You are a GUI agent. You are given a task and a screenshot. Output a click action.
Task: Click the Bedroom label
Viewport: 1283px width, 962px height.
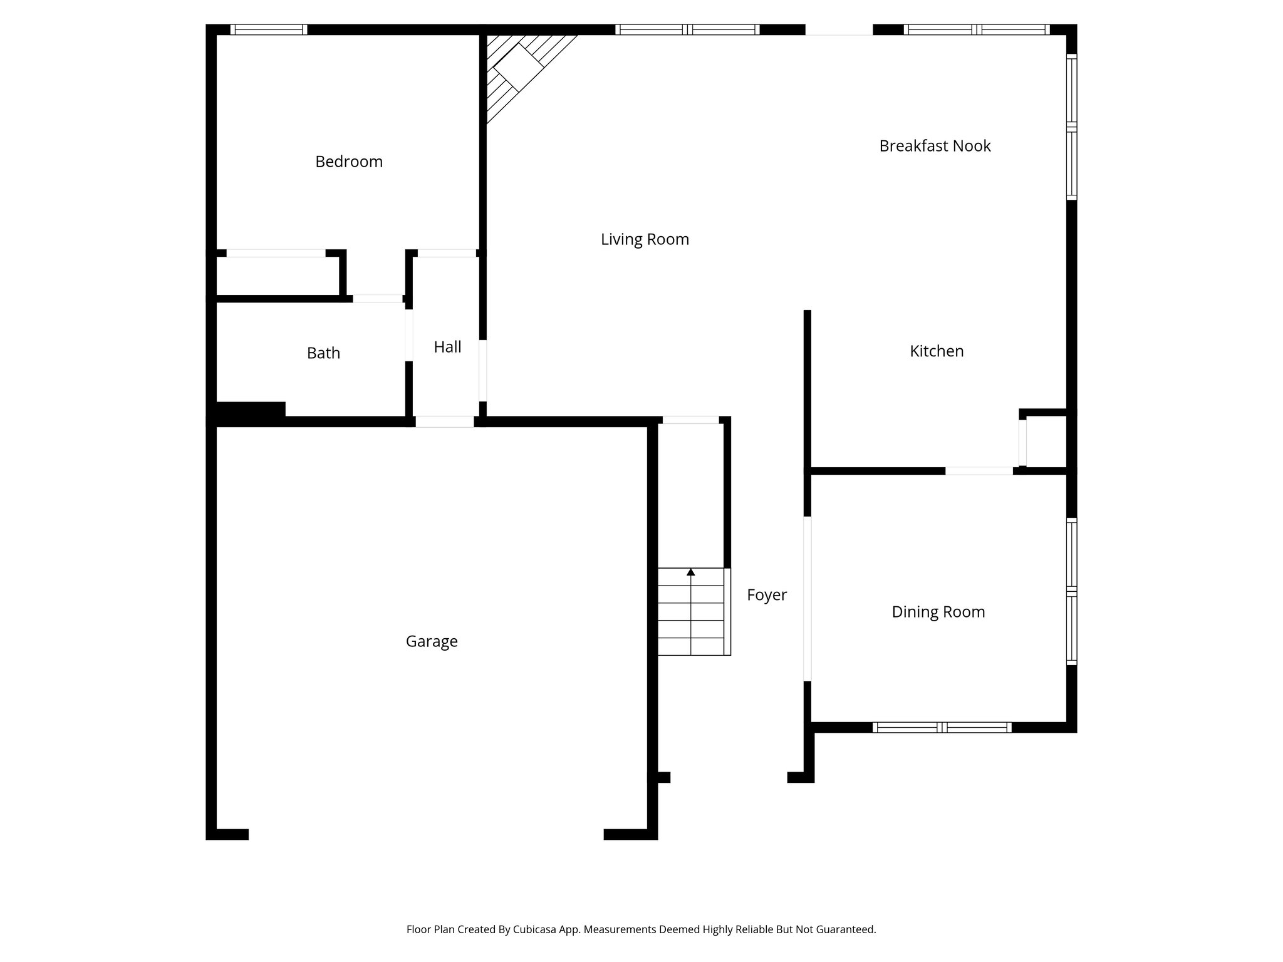coord(348,162)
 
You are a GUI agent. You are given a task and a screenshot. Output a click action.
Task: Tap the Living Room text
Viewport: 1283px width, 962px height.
coord(645,239)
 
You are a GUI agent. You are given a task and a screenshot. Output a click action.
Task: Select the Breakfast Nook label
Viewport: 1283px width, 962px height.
coord(935,146)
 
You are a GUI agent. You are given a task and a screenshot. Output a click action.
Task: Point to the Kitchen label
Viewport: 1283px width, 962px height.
coord(937,351)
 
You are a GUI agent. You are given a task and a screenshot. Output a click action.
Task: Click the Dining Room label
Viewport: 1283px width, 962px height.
coord(938,612)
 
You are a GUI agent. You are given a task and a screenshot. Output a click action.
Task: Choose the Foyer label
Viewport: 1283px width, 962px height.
coord(766,595)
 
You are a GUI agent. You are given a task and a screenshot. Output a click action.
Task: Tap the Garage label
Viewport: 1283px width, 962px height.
coord(432,641)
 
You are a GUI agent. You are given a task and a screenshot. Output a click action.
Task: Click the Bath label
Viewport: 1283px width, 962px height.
coord(323,353)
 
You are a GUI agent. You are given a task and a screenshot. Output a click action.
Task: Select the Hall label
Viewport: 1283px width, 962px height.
coord(447,347)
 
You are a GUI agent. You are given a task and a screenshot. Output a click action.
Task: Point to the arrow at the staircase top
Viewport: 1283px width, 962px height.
coord(690,572)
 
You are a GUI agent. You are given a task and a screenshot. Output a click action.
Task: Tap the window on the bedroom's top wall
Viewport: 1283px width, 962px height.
coord(268,29)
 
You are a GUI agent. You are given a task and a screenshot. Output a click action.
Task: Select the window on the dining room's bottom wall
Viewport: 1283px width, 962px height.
coord(942,727)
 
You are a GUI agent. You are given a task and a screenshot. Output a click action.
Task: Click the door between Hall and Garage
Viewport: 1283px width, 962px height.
coord(445,422)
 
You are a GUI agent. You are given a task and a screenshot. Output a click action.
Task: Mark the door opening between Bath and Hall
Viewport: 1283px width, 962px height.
coord(408,335)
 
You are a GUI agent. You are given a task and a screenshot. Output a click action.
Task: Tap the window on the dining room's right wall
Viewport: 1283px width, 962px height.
coord(1071,591)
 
